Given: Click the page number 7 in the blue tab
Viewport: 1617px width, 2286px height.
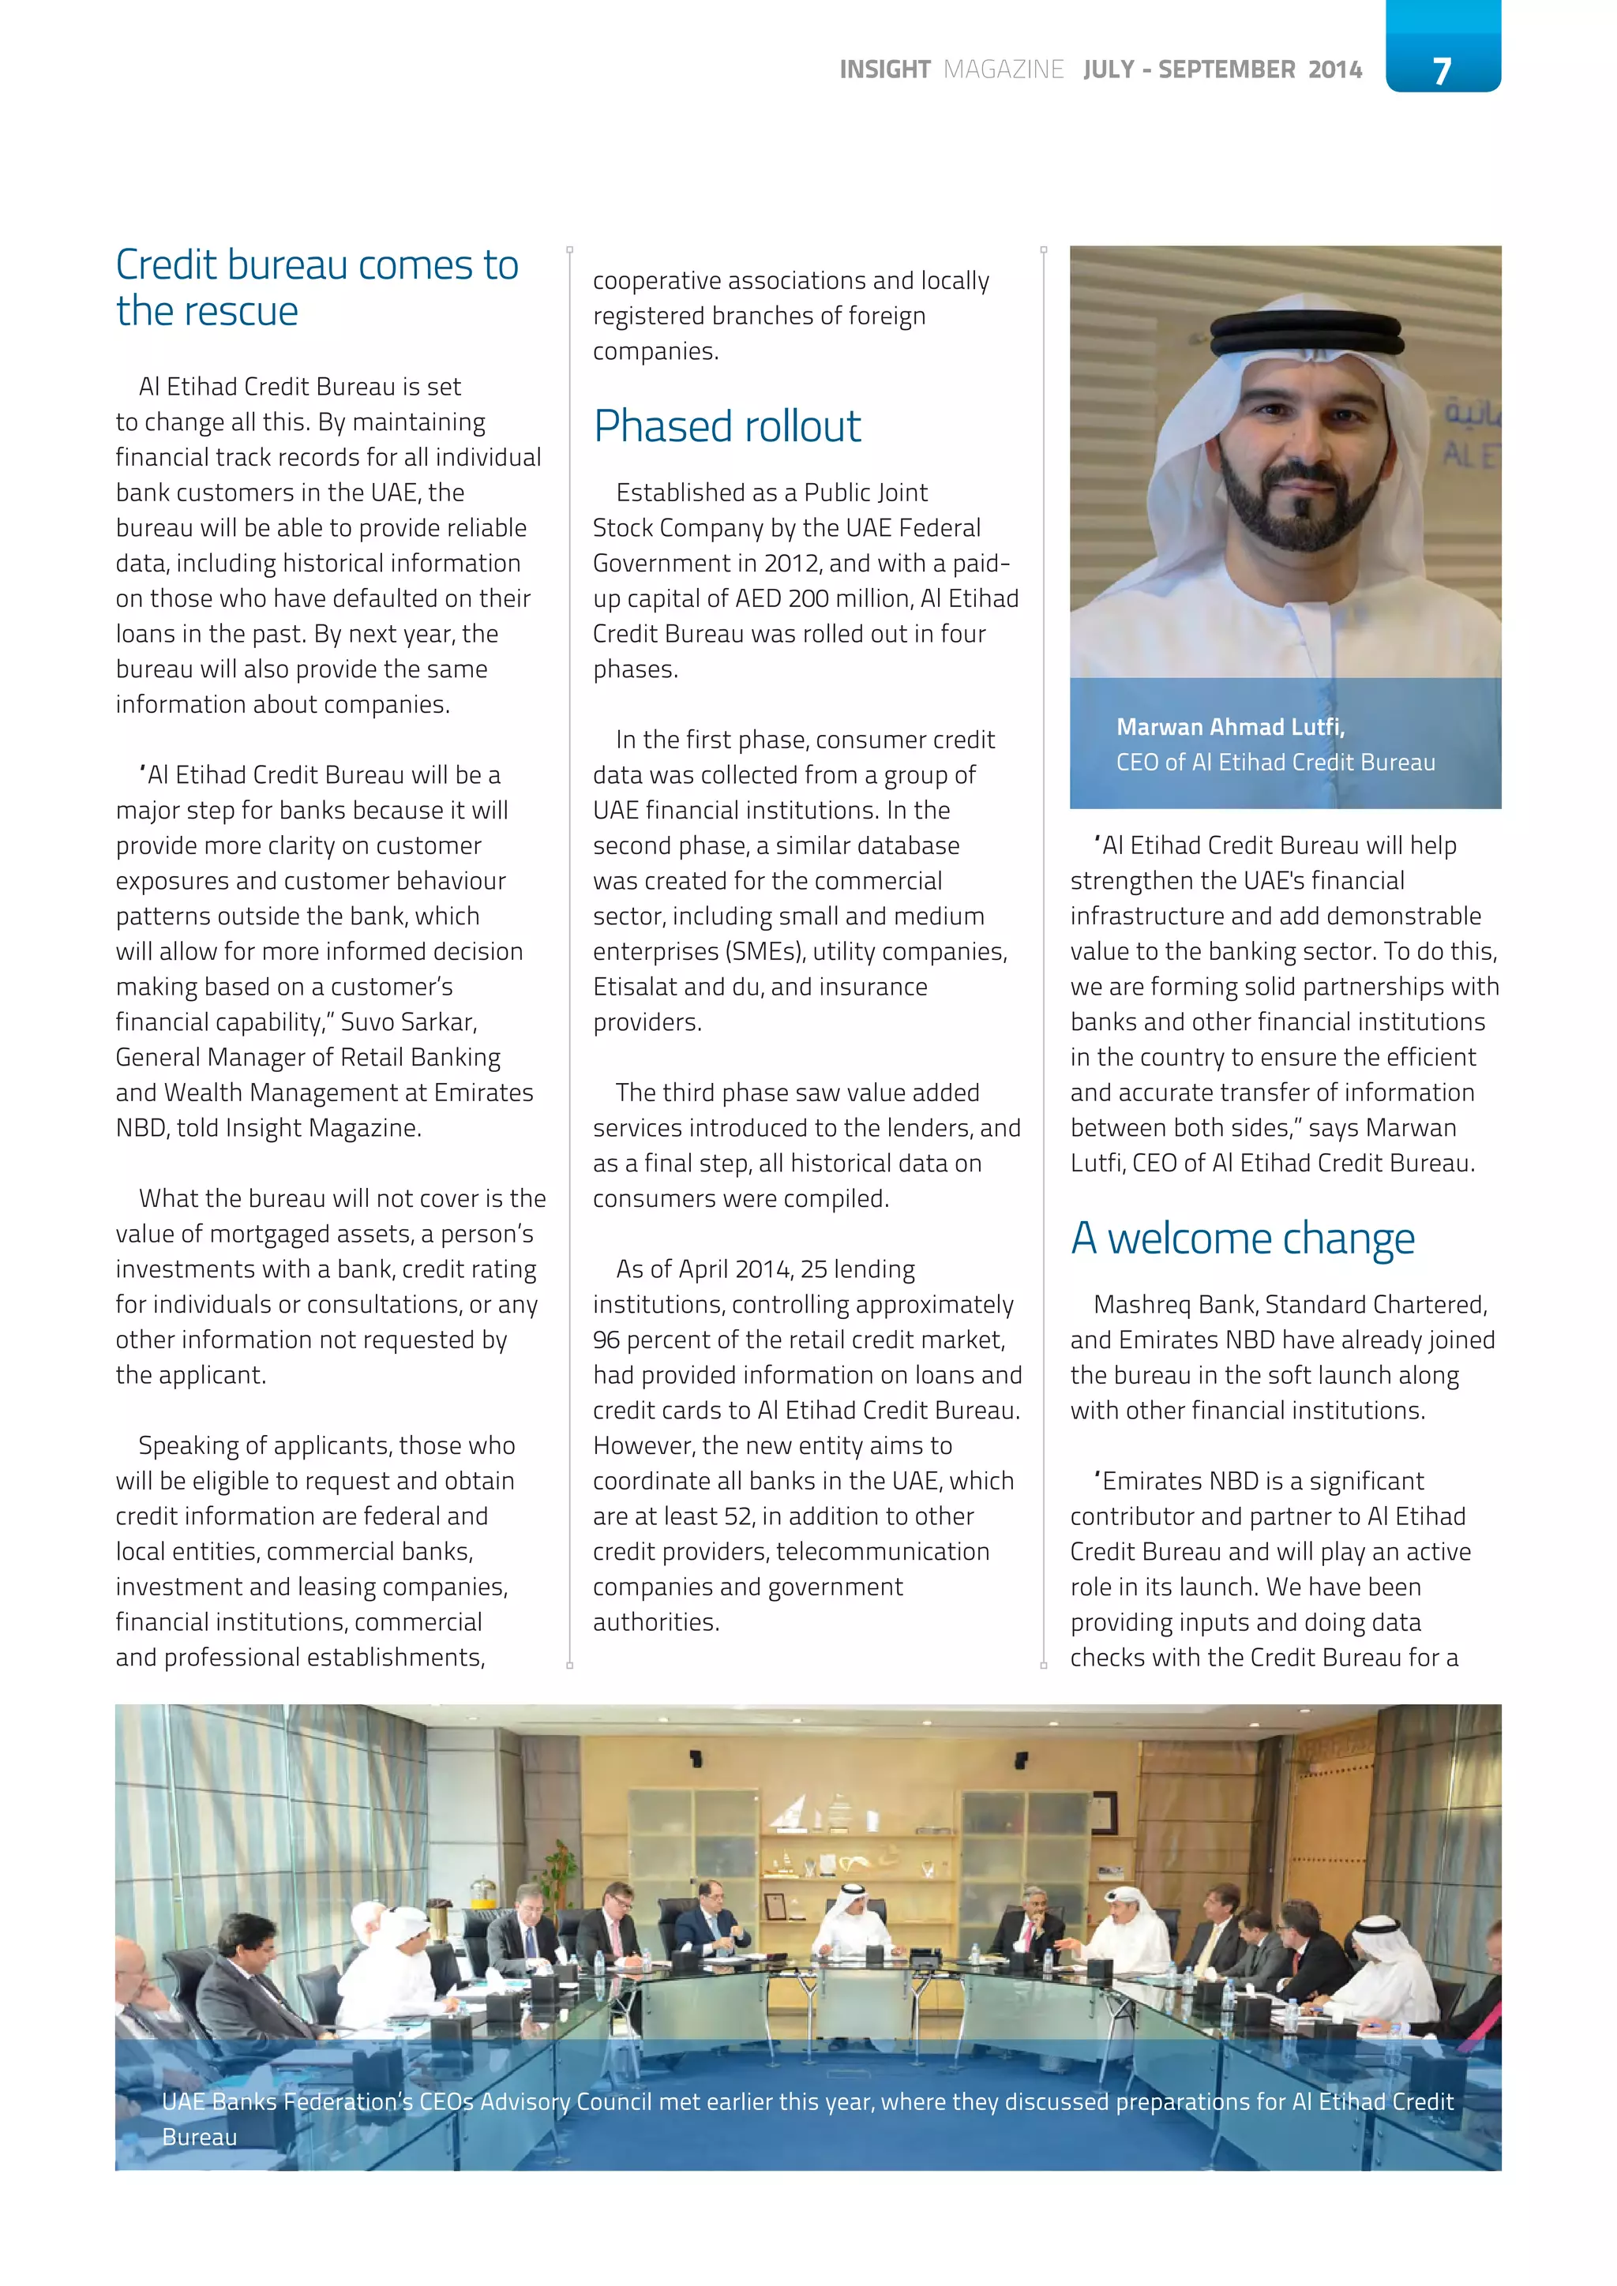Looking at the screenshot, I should click(x=1442, y=69).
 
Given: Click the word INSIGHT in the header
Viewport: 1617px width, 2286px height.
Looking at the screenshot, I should click(x=884, y=69).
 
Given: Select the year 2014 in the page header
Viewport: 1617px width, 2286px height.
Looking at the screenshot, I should click(x=1334, y=69).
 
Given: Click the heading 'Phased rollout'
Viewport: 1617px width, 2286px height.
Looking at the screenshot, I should click(x=727, y=426).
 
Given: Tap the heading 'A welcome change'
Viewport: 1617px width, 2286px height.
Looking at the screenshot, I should click(x=1242, y=1239).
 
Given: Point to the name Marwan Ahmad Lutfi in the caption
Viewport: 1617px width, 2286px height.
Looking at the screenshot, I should click(x=1229, y=727).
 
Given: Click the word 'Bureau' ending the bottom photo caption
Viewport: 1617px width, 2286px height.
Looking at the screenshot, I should click(x=199, y=2138).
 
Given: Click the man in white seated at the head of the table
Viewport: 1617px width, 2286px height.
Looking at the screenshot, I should click(x=854, y=1921).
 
